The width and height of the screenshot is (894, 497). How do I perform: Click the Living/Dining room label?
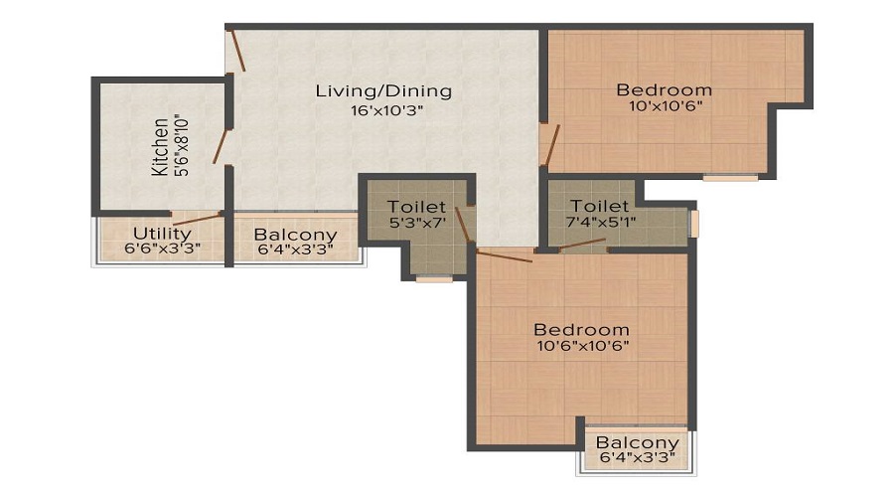coord(383,90)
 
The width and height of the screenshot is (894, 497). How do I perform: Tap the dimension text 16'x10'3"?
coord(386,110)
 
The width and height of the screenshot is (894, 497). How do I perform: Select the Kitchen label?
coord(160,147)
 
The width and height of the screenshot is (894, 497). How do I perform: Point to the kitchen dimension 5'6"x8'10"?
coord(183,147)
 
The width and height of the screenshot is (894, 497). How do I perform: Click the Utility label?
coord(162,234)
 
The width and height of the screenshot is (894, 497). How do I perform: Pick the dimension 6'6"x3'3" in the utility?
coord(163,248)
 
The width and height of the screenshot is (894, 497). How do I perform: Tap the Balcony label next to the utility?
coord(295,235)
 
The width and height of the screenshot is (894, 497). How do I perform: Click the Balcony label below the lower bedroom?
coord(638,442)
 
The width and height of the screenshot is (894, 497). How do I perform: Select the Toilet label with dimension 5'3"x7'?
coord(416,207)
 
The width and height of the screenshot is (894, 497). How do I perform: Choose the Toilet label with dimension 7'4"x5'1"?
coord(600,206)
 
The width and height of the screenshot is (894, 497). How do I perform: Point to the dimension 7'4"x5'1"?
coord(600,221)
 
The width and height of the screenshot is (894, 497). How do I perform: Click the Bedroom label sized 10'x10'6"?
coord(665,90)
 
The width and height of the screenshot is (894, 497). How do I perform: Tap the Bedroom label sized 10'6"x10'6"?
coord(581,330)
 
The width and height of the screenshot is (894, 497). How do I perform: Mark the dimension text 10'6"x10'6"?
coord(583,346)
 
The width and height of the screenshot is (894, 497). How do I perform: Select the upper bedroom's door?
coord(553,145)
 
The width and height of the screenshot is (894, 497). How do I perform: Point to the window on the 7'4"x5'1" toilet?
coord(694,224)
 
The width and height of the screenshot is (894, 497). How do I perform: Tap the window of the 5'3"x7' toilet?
coord(434,279)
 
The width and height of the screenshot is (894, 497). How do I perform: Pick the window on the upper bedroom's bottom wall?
coord(730,178)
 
